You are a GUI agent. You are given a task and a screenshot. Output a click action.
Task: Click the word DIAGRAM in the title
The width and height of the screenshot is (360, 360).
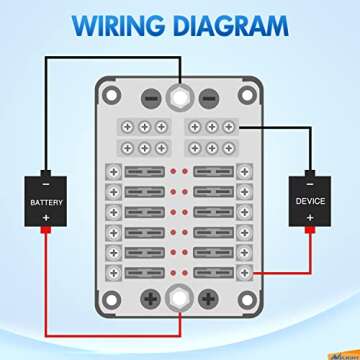[x=236, y=23]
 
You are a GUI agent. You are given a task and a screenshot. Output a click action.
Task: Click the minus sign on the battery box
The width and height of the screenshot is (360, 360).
[x=45, y=185]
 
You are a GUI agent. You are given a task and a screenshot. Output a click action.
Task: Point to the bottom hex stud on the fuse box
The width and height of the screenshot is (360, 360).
[x=179, y=296]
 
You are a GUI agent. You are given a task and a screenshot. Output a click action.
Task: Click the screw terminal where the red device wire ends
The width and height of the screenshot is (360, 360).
[x=243, y=272]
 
